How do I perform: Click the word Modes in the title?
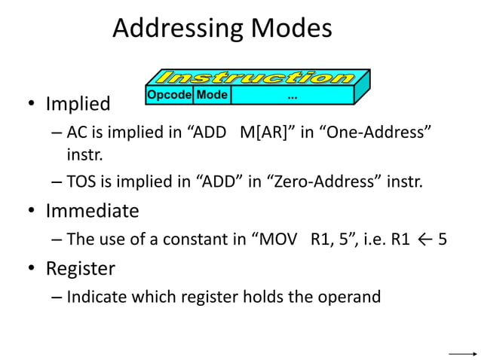pos(291,29)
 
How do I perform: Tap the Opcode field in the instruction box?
pos(169,96)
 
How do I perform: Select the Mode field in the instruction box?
pos(212,96)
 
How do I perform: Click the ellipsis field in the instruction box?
pos(292,96)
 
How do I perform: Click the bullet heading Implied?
pos(78,103)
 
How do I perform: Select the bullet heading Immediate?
pos(92,211)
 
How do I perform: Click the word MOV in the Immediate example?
pos(279,239)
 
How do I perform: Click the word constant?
pos(183,239)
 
